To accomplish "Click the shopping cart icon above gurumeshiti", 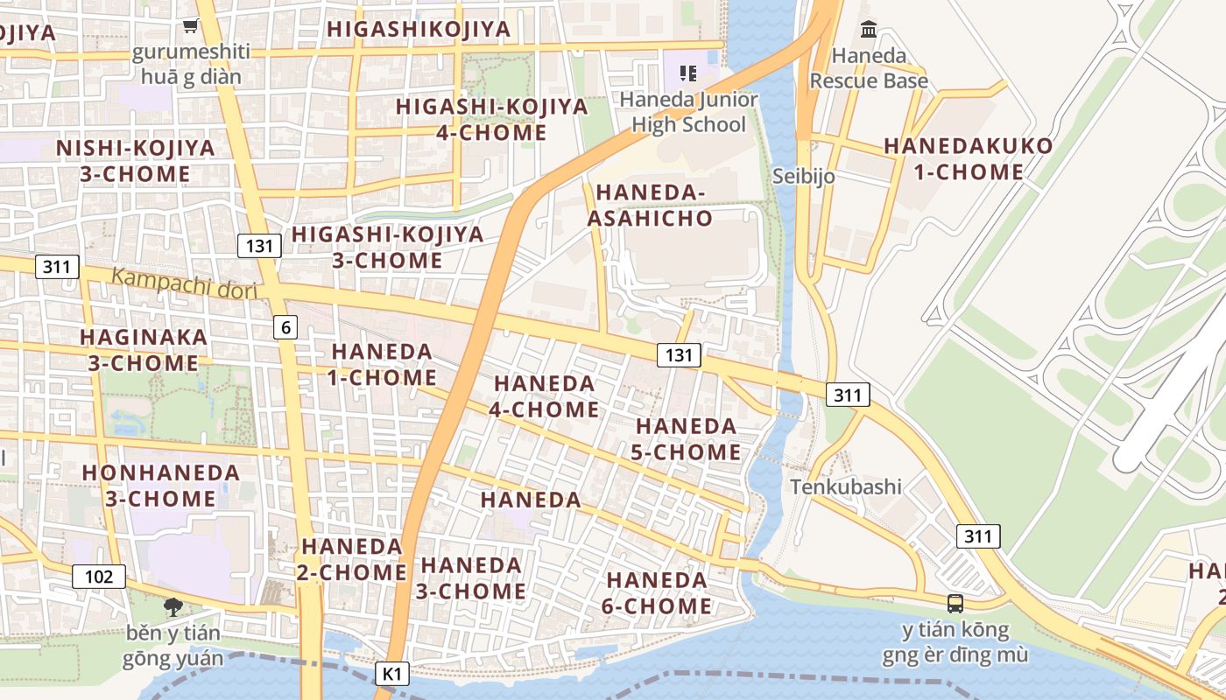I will pyautogui.click(x=190, y=27).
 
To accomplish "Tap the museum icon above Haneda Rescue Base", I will pyautogui.click(x=868, y=29).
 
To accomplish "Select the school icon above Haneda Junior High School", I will pyautogui.click(x=688, y=73).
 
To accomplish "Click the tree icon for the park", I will pyautogui.click(x=173, y=606).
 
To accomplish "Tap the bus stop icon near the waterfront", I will pyautogui.click(x=955, y=603).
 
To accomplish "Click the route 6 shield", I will pyautogui.click(x=285, y=327).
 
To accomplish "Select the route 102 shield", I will pyautogui.click(x=99, y=577).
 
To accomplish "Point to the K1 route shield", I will pyautogui.click(x=392, y=674).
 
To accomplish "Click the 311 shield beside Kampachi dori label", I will pyautogui.click(x=57, y=267).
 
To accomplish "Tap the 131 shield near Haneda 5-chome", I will pyautogui.click(x=679, y=354).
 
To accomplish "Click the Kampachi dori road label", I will pyautogui.click(x=184, y=283).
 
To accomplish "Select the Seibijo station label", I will pyautogui.click(x=803, y=176).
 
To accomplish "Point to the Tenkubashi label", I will pyautogui.click(x=845, y=486).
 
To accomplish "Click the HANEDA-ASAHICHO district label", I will pyautogui.click(x=650, y=205).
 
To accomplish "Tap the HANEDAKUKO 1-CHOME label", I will pyautogui.click(x=968, y=158).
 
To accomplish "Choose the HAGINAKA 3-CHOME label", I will pyautogui.click(x=144, y=349).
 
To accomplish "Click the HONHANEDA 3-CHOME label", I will pyautogui.click(x=160, y=485).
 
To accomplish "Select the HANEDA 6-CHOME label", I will pyautogui.click(x=658, y=592).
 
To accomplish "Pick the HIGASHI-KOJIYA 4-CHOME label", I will pyautogui.click(x=491, y=119).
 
